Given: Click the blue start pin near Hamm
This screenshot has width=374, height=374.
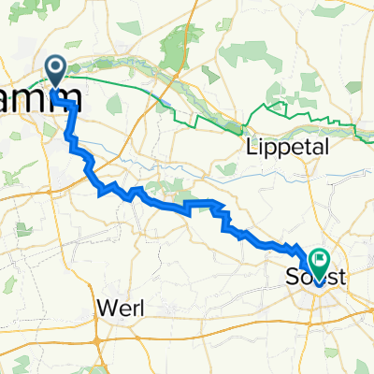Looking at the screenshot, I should (x=55, y=70).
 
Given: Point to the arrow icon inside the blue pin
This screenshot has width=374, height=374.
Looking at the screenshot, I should (x=55, y=67).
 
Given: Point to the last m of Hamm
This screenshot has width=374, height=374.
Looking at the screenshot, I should (x=65, y=103).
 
